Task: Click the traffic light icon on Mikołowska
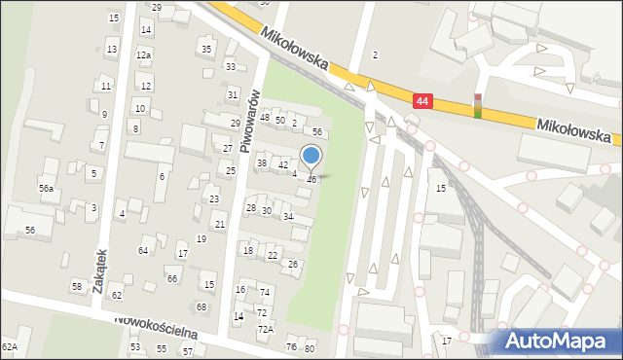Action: coord(478,105)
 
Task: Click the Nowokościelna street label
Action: coord(156,327)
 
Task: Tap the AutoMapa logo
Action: coord(559,341)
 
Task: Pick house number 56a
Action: coord(47,188)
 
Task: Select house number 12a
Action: coord(143,55)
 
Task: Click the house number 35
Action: coord(205,49)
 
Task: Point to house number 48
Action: coord(265,118)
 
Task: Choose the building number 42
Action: coord(283,165)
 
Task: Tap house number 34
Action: coord(288,216)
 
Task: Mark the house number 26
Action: coord(293,264)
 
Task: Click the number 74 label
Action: coord(265,292)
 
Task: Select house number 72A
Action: coord(265,329)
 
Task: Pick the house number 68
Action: coord(202,306)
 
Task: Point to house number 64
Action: coord(143,251)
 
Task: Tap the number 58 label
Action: coord(77,286)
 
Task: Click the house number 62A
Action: coord(10,346)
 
